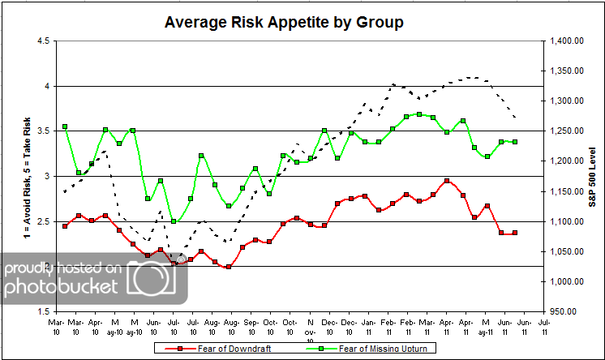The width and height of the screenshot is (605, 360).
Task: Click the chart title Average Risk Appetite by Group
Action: point(284,22)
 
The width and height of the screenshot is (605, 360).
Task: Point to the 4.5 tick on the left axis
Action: point(42,41)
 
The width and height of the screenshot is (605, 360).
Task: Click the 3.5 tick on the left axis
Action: point(42,131)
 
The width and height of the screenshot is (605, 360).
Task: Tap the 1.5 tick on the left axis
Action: point(42,311)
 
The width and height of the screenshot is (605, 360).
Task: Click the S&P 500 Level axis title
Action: point(593,175)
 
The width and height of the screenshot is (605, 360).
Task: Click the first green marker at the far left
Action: point(65,127)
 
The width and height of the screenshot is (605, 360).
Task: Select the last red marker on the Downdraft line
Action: point(515,233)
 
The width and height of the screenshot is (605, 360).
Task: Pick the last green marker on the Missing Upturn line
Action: point(515,142)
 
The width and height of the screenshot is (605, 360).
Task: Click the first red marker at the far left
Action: point(65,226)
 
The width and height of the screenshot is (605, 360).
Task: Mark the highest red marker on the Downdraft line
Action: point(447,181)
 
